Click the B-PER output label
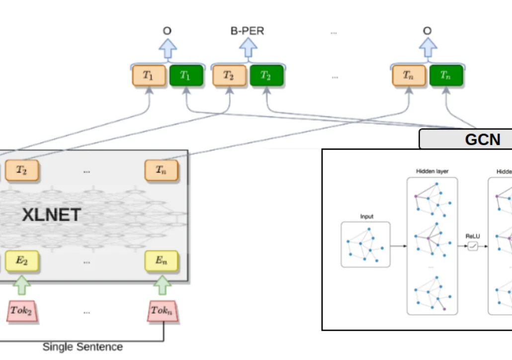coord(247,31)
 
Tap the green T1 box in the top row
coord(186,76)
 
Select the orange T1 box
coord(149,76)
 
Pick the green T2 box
coord(266,76)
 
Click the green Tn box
coord(446,76)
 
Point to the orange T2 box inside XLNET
coord(22,171)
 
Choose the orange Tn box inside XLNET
coord(161,171)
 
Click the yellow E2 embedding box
coord(22,261)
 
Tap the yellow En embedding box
coord(161,261)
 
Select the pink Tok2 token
coord(22,311)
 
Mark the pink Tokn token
coord(162,311)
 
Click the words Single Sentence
coord(83,347)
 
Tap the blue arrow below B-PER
coord(248,48)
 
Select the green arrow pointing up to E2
coord(21,285)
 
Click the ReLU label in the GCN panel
coord(472,236)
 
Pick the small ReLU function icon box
coord(472,246)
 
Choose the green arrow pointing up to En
coord(162,285)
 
